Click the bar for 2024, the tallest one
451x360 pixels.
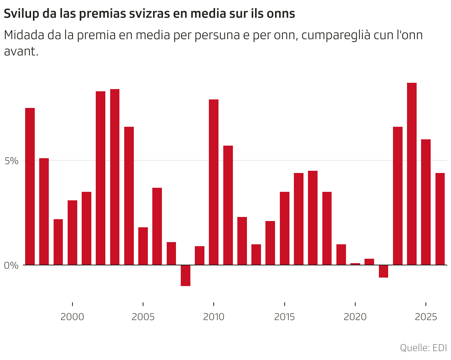(412, 174)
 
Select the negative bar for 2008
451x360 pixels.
(186, 275)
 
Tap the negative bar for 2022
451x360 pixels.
(383, 271)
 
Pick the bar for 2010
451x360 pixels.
(214, 182)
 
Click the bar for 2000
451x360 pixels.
(72, 232)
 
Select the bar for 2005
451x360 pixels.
(143, 246)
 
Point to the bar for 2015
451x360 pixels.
(284, 228)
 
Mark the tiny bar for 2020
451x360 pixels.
(355, 264)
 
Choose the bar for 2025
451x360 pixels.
(426, 202)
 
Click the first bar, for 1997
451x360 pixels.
(30, 186)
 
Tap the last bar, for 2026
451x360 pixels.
(440, 219)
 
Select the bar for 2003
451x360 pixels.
(115, 177)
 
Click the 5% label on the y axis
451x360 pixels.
(11, 161)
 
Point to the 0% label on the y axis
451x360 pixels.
(11, 265)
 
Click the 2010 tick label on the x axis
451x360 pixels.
(214, 317)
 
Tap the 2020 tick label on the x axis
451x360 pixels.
(355, 317)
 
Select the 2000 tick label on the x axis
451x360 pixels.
(72, 317)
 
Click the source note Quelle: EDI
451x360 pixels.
(423, 348)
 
